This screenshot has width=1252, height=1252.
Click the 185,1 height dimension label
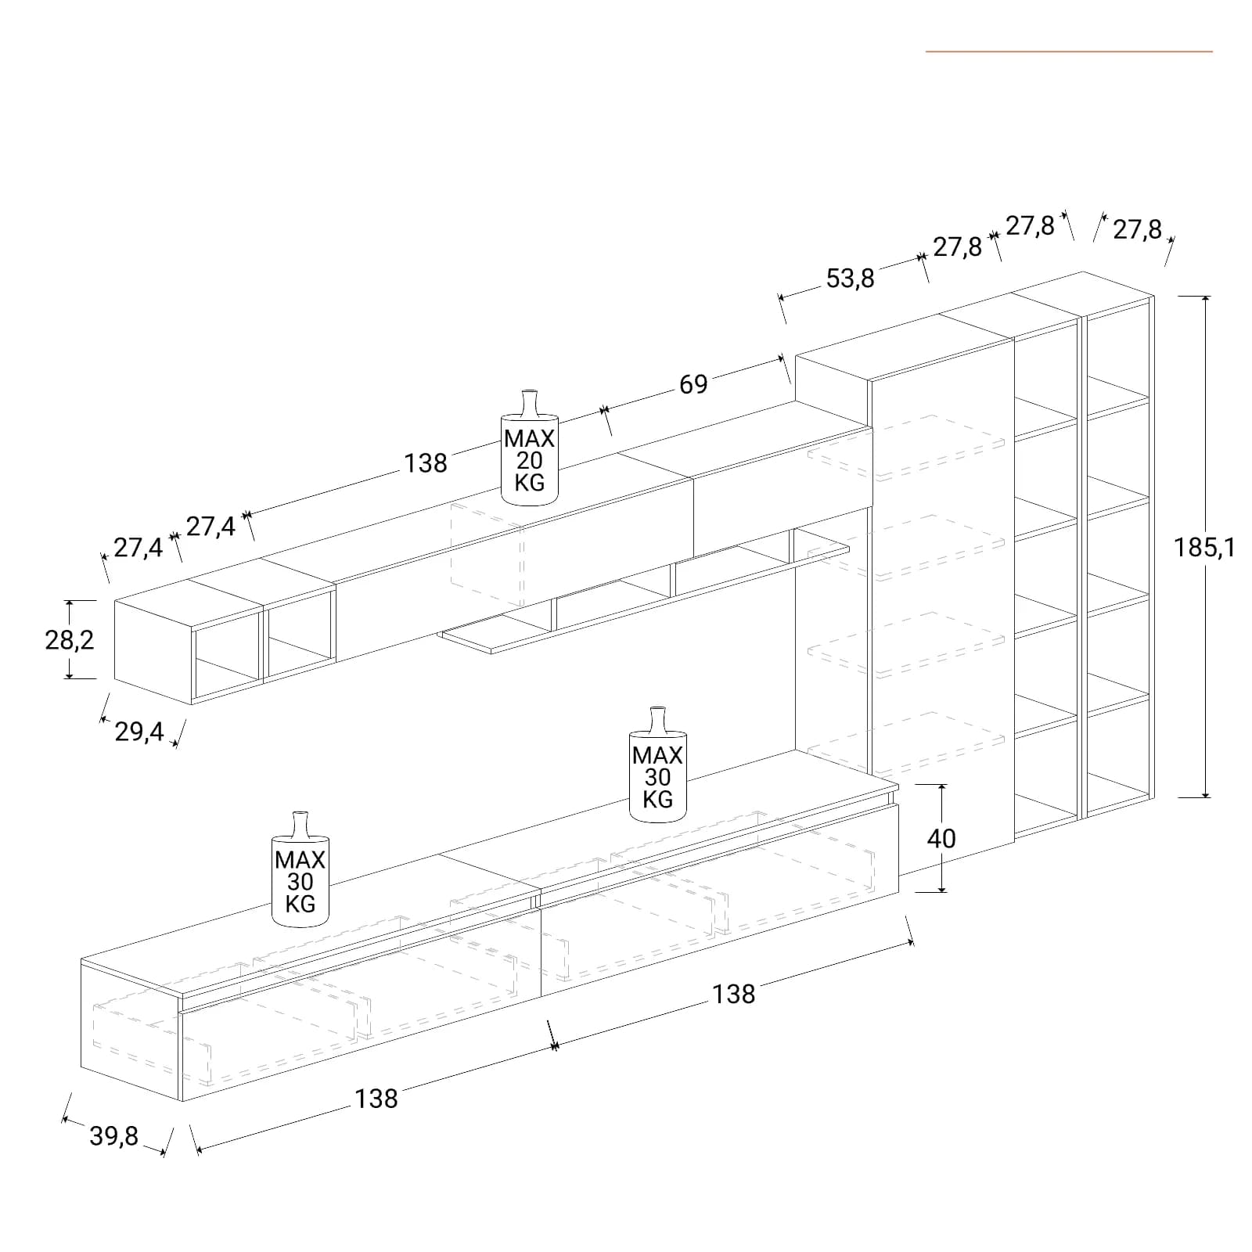pyautogui.click(x=1204, y=548)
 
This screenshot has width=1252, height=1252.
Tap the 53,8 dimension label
pyautogui.click(x=851, y=278)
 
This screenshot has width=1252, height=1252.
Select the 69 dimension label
pyautogui.click(x=693, y=384)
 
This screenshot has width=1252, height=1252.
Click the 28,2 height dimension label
pyautogui.click(x=70, y=640)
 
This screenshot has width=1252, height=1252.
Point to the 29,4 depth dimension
pyautogui.click(x=139, y=732)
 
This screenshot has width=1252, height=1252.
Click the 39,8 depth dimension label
pyautogui.click(x=113, y=1135)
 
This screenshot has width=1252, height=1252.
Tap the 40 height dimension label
pyautogui.click(x=941, y=838)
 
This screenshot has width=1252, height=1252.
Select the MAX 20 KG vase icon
pyautogui.click(x=530, y=448)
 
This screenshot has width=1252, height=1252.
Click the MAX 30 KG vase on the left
pyautogui.click(x=300, y=869)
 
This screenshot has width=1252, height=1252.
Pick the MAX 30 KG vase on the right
pyautogui.click(x=658, y=765)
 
